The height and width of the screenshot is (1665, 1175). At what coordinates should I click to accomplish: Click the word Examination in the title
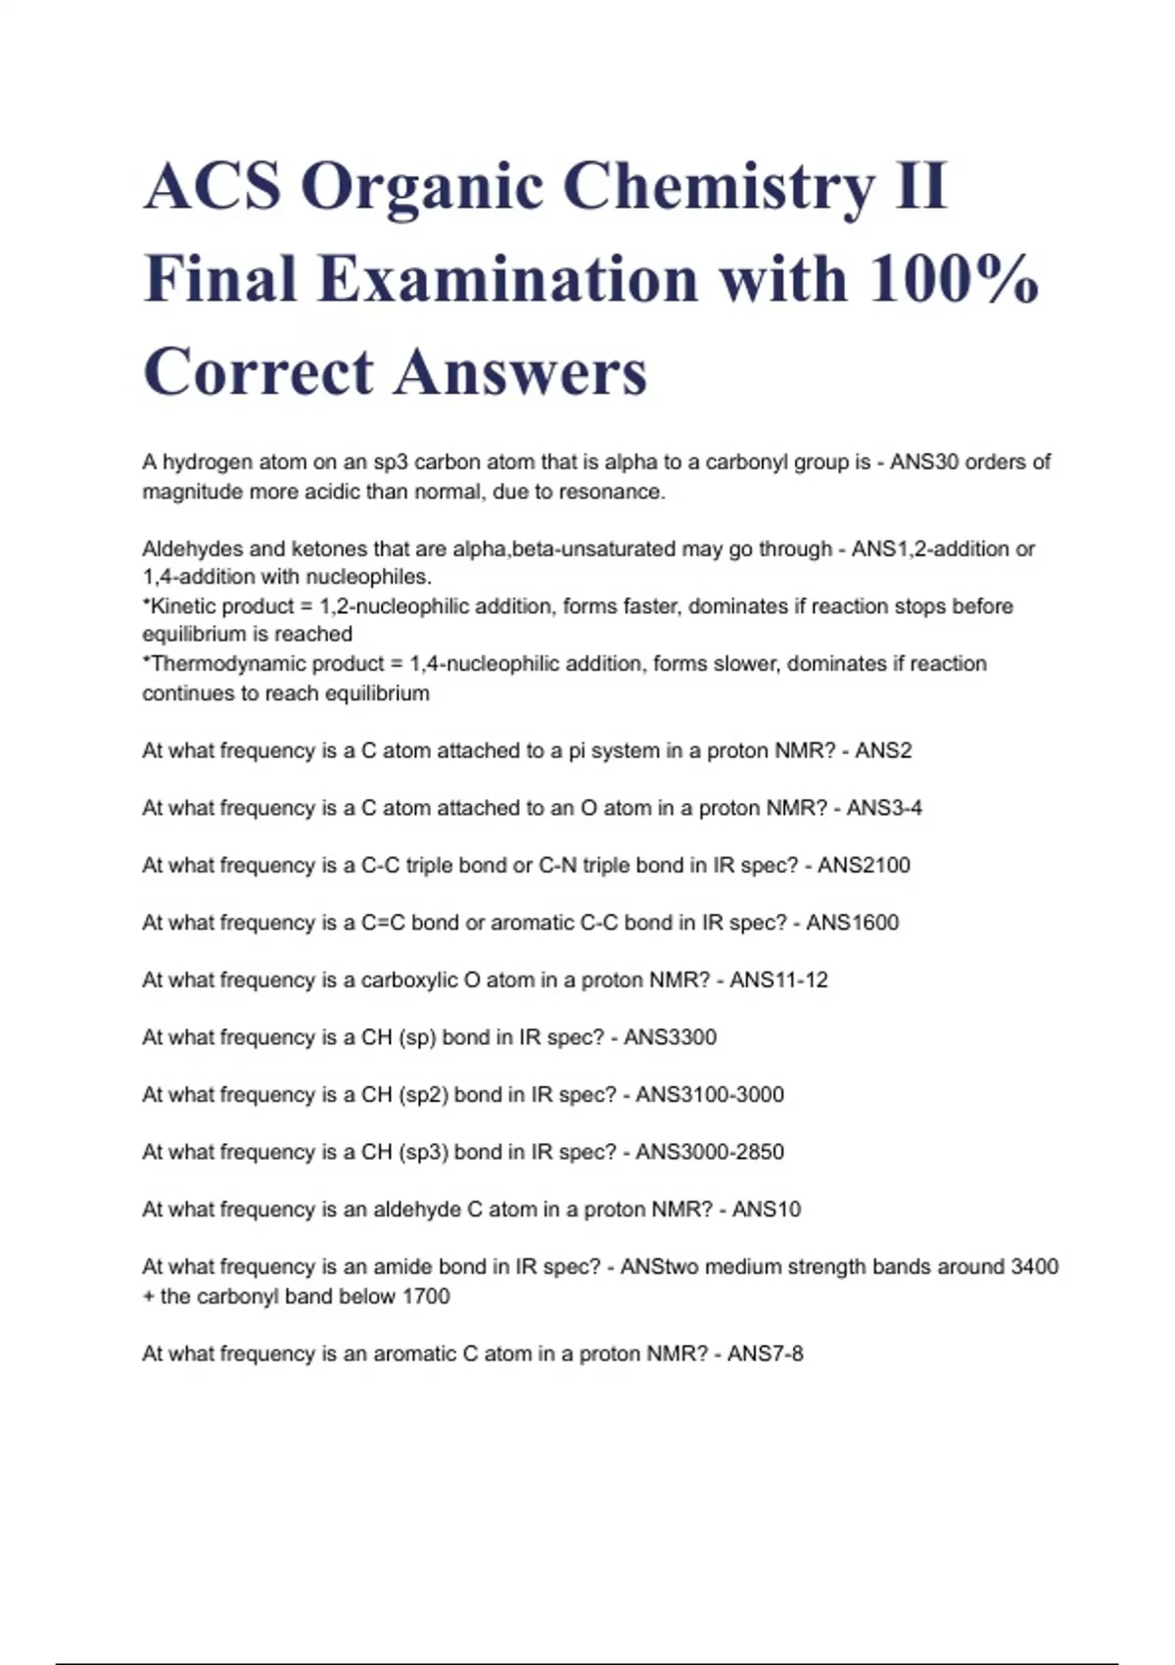[x=507, y=279]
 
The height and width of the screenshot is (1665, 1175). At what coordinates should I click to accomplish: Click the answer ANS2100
[x=864, y=866]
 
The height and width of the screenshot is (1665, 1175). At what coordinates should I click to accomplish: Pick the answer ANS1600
[x=852, y=923]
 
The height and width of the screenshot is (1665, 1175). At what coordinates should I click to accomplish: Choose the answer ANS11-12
[x=778, y=980]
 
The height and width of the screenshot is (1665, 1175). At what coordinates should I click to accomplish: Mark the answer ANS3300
[x=670, y=1037]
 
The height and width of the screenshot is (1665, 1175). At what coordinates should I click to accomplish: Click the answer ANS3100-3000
[x=709, y=1095]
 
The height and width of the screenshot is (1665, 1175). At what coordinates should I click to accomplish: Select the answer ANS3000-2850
[x=709, y=1152]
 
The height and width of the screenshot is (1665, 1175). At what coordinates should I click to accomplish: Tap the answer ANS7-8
[x=765, y=1355]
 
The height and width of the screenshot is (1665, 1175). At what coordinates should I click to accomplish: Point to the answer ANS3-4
[x=884, y=808]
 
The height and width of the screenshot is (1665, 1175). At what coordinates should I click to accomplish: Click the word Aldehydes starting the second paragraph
[x=192, y=549]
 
